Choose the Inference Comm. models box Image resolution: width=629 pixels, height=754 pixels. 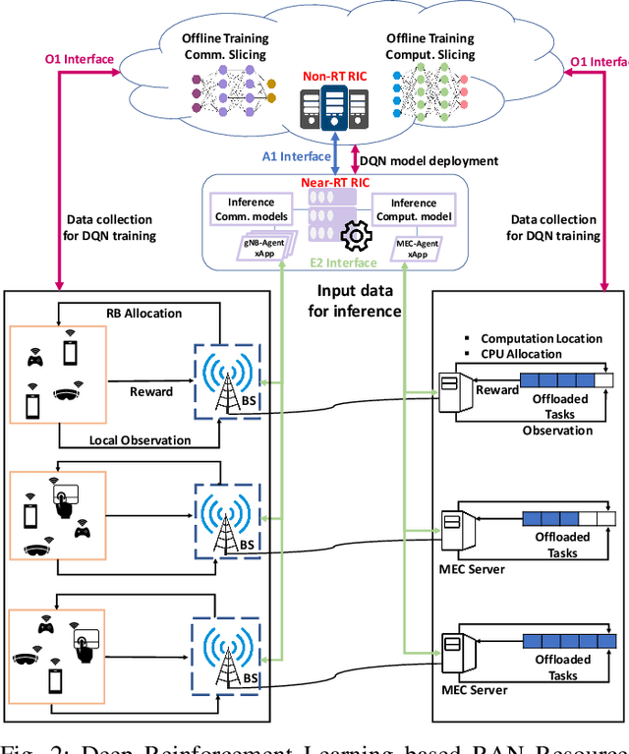pos(251,209)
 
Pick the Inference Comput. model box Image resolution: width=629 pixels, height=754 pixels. pos(414,209)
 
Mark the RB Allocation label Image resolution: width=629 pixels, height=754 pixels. pos(143,313)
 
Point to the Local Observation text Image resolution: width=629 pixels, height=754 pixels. pos(139,439)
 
